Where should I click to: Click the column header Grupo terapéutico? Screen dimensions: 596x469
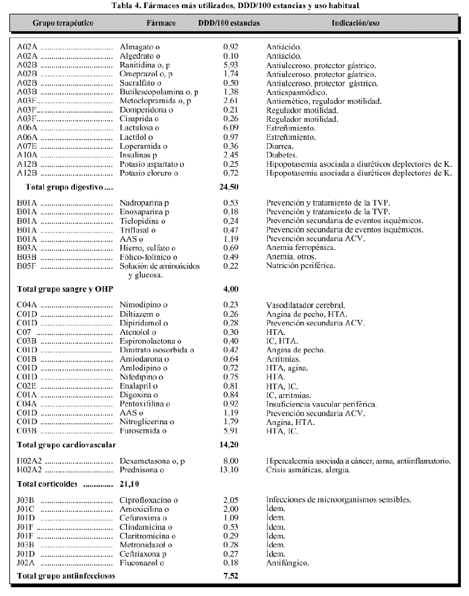[63, 23]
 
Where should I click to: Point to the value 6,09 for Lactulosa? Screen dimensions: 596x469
[231, 128]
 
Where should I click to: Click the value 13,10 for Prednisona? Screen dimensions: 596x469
[231, 469]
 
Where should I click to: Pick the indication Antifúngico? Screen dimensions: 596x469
[288, 563]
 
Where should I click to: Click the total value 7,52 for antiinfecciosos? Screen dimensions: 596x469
[231, 577]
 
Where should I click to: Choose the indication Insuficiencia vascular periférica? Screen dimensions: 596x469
[321, 404]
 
